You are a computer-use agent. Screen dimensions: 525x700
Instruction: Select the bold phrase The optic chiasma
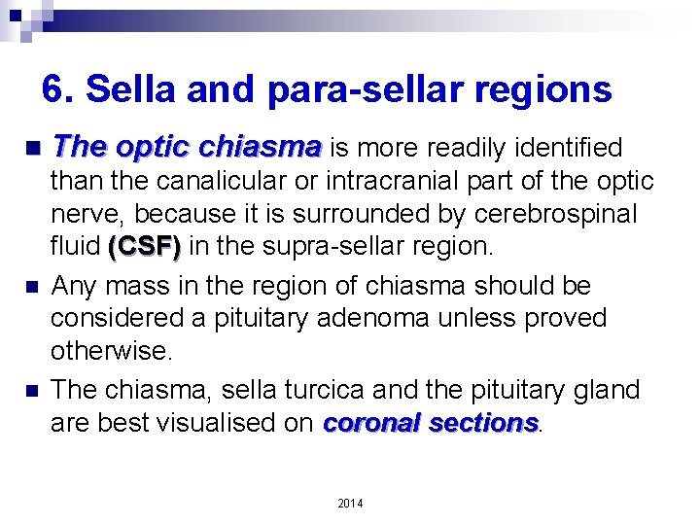(x=187, y=148)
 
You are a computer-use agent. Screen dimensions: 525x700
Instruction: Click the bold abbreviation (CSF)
(x=144, y=247)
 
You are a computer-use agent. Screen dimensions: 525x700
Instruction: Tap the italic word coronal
(x=369, y=423)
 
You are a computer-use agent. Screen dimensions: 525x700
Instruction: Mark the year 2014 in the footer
(x=350, y=503)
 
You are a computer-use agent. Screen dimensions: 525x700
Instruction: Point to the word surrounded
(x=345, y=214)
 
